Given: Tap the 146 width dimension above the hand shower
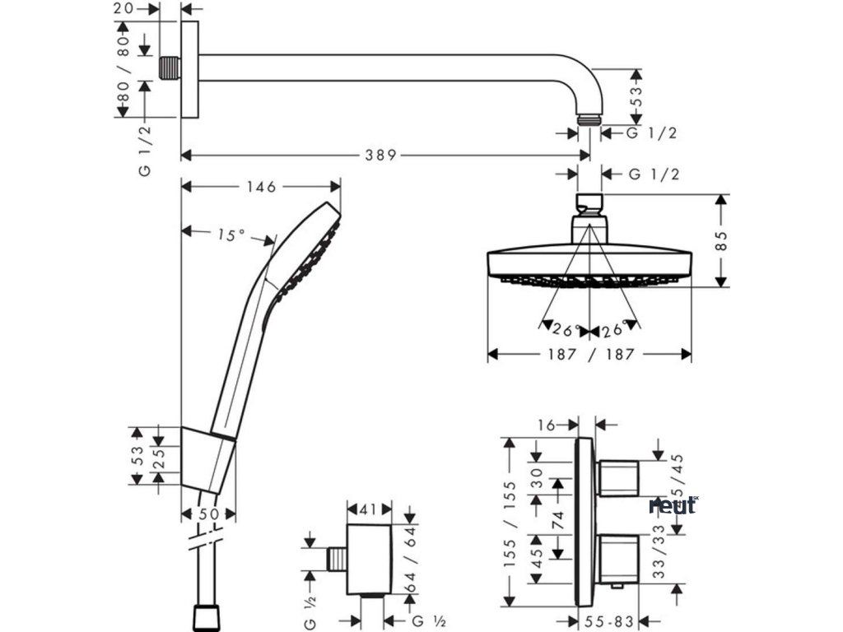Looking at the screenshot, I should [x=260, y=187].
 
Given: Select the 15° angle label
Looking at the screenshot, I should [x=231, y=235].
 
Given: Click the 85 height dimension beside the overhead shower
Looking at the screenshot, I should [x=722, y=241].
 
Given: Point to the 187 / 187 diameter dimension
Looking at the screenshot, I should [x=589, y=354].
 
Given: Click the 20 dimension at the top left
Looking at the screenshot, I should [x=125, y=9].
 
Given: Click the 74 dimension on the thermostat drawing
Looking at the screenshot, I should [x=558, y=519].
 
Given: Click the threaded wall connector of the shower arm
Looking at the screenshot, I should [x=170, y=68].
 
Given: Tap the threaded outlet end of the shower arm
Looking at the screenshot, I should [x=589, y=120].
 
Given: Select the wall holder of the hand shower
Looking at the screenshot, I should [x=207, y=460].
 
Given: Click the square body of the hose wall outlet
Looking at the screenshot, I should [x=368, y=557].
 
